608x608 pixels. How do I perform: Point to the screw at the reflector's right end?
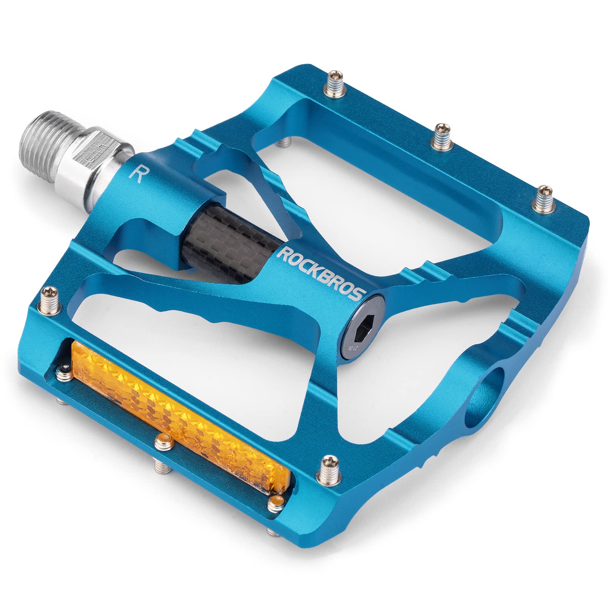[276, 504]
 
